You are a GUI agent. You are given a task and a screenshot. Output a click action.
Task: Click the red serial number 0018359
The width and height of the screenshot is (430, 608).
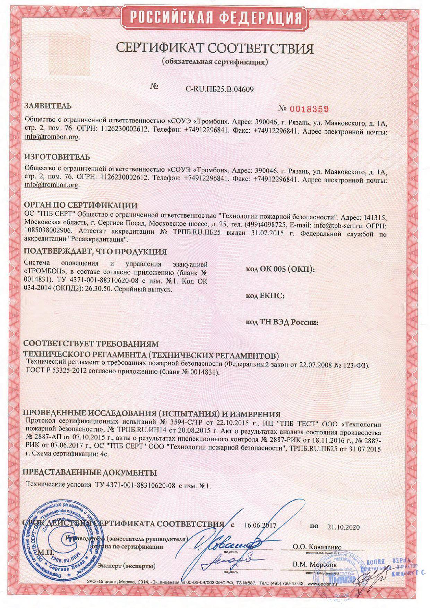[303, 110]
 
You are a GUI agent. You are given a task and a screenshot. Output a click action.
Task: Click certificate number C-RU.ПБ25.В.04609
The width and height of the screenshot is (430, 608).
[220, 89]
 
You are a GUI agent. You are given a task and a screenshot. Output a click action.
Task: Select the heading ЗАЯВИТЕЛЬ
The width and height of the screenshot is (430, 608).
[48, 106]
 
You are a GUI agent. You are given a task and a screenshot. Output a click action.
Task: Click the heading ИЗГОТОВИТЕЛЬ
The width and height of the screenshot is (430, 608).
[57, 157]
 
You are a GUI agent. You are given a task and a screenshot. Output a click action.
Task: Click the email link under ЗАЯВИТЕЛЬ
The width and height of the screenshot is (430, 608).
[52, 137]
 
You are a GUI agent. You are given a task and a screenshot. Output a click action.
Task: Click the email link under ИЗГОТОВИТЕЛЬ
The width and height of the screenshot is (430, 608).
[52, 184]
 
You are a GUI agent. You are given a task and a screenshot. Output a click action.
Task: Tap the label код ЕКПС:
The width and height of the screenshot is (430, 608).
[265, 295]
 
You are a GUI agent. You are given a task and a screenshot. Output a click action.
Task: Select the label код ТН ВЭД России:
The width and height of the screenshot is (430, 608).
[282, 322]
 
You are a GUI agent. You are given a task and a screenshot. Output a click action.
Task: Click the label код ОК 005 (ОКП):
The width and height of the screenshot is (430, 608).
[280, 269]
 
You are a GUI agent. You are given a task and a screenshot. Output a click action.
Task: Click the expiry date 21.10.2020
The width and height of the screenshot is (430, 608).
[343, 527]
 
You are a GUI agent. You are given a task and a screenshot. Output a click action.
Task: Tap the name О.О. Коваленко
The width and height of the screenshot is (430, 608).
[317, 547]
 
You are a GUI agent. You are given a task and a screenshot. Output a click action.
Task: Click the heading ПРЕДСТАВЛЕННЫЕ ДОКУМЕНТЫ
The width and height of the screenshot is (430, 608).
[89, 472]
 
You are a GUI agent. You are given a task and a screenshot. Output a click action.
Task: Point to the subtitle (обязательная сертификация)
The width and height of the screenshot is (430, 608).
[215, 62]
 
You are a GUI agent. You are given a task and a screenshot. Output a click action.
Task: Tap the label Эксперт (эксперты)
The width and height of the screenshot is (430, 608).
[126, 566]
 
